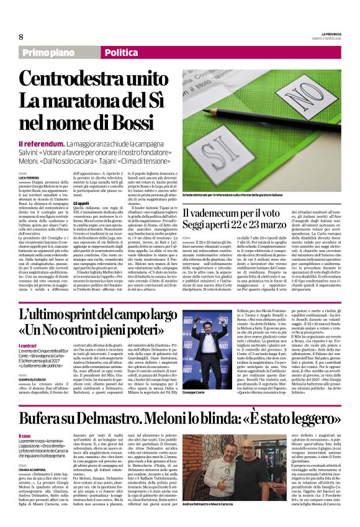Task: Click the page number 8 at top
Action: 20,37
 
